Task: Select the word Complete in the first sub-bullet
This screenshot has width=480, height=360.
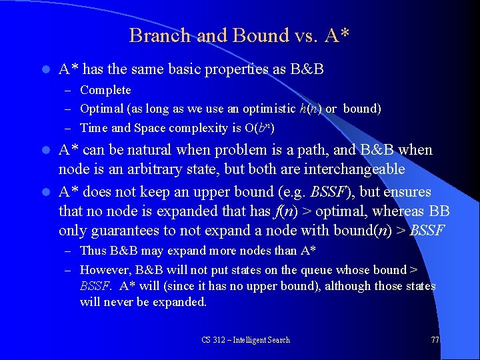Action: pos(105,90)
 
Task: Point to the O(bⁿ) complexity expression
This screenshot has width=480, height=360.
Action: pos(260,127)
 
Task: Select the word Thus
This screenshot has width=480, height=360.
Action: pos(93,251)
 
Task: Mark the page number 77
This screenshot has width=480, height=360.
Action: pos(435,340)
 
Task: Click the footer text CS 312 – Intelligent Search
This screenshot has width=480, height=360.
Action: pos(245,340)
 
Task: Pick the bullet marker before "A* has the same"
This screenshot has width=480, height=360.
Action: pos(45,69)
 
